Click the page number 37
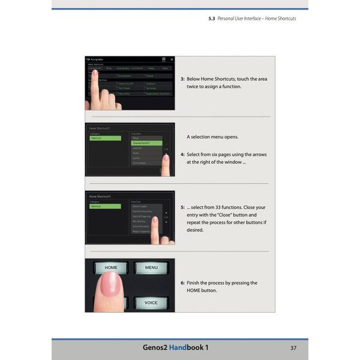click(x=293, y=347)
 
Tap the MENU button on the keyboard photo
click(x=151, y=268)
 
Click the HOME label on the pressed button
click(x=111, y=268)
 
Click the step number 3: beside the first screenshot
click(x=182, y=79)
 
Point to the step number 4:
click(x=182, y=154)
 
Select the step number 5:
click(x=182, y=207)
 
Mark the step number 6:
click(x=182, y=283)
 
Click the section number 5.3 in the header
click(x=212, y=19)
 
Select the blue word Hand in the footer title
click(x=178, y=347)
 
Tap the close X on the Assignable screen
click(x=172, y=59)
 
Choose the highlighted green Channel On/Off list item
click(x=146, y=143)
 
